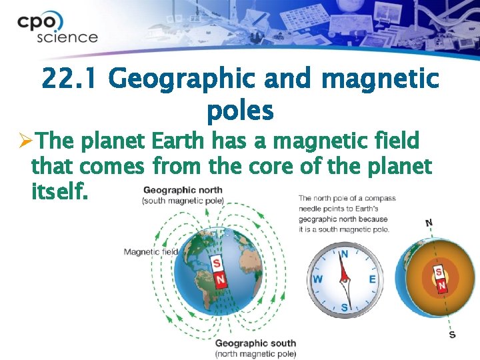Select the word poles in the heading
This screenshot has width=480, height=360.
240,111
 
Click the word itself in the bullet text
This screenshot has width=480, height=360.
59,192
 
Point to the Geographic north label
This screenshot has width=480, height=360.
183,190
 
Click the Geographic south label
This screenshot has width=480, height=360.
255,343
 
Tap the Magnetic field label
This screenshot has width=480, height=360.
151,251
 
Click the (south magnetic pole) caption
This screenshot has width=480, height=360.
183,201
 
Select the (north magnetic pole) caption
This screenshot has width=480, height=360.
255,353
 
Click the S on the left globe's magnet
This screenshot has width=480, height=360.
217,263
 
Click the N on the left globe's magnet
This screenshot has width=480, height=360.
219,278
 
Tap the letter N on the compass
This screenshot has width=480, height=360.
345,253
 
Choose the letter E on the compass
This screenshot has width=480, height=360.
372,279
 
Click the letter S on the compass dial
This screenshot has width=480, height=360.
345,306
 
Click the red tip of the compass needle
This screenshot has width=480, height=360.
343,265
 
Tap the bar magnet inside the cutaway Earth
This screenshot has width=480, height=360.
440,279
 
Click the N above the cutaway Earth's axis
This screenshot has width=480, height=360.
429,223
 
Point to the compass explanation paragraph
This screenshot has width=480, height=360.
347,213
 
